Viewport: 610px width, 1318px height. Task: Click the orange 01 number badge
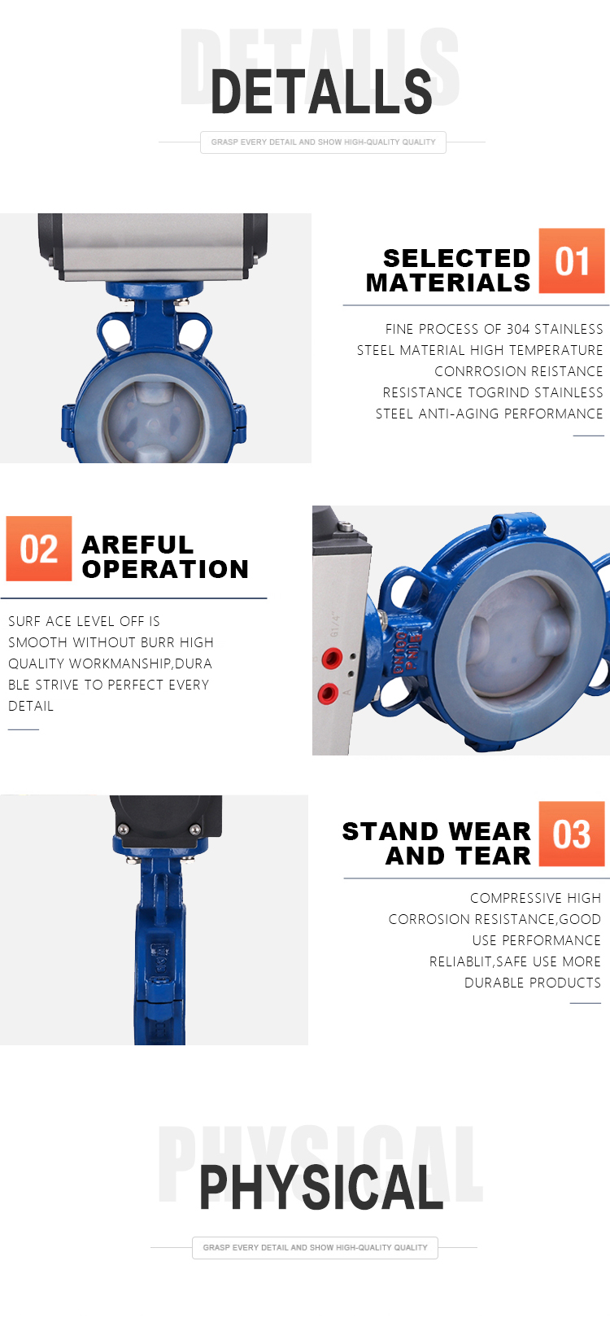click(572, 261)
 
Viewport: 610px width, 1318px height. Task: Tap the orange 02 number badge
click(39, 549)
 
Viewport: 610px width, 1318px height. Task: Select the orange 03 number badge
click(572, 833)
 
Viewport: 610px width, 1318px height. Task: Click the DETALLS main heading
click(321, 91)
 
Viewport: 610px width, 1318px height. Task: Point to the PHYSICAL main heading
click(321, 1188)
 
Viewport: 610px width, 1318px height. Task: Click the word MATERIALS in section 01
click(448, 283)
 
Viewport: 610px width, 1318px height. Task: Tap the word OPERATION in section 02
click(165, 569)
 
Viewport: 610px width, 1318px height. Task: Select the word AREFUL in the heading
click(137, 545)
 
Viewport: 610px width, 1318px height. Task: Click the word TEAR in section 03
click(494, 856)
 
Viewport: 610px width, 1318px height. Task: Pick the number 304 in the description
click(518, 329)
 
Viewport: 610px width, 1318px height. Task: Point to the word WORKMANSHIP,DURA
click(141, 663)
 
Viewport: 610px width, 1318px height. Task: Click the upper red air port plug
click(332, 657)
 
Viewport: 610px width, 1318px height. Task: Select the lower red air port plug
click(328, 693)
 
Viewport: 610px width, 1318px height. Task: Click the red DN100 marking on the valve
click(399, 654)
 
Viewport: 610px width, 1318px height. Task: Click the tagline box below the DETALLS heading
click(323, 142)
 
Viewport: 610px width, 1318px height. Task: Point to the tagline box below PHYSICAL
click(315, 1247)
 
